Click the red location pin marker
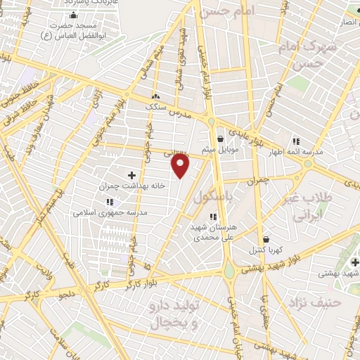tap(181, 165)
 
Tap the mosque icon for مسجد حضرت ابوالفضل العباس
tap(74, 15)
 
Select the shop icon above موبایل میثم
tap(221, 139)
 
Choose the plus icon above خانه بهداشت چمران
tap(131, 174)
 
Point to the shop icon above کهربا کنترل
tap(265, 239)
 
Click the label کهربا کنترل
tap(266, 250)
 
